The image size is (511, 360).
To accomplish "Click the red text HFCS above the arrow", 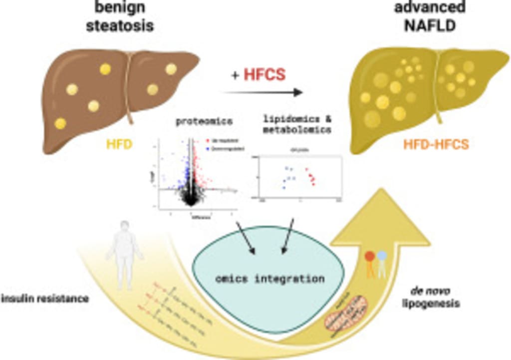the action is tap(264, 75).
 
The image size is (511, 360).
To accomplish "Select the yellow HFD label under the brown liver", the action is tap(118, 144).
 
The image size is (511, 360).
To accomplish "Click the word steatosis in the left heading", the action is tap(120, 26).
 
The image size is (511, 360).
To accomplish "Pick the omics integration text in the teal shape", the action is tap(270, 278).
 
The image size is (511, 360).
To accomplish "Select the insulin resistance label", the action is tap(45, 299).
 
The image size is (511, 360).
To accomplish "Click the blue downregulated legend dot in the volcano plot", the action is tap(207, 149).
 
